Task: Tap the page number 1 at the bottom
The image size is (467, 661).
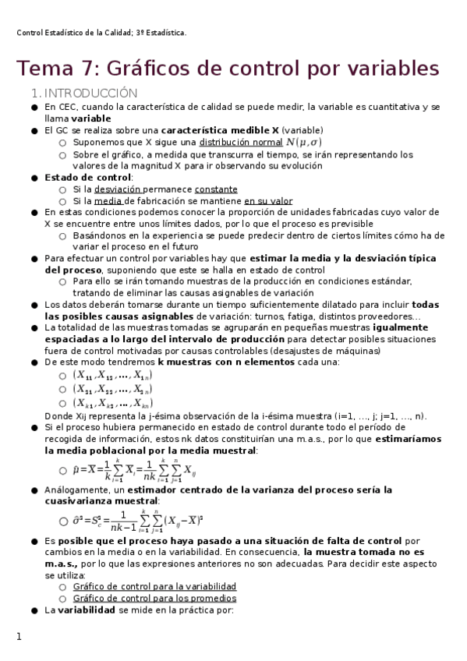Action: [19, 637]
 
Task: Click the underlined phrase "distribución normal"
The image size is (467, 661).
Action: [241, 143]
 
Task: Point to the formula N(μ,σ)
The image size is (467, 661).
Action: [303, 143]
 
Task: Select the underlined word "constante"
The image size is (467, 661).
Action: [216, 189]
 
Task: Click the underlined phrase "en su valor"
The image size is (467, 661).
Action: [268, 201]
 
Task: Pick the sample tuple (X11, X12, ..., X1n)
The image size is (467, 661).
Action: [112, 375]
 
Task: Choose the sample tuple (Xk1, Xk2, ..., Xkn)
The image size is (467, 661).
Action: [112, 403]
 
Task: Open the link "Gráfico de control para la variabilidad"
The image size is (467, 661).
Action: [154, 586]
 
